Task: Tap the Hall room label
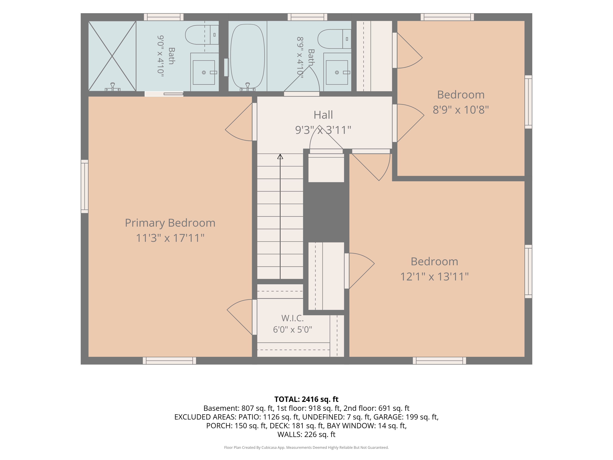coord(323,115)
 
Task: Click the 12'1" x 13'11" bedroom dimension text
coord(434,276)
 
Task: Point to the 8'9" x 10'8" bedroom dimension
coord(461,110)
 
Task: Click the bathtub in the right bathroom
coord(247,56)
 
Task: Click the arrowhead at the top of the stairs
coord(280,157)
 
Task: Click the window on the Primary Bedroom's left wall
coord(85,186)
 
